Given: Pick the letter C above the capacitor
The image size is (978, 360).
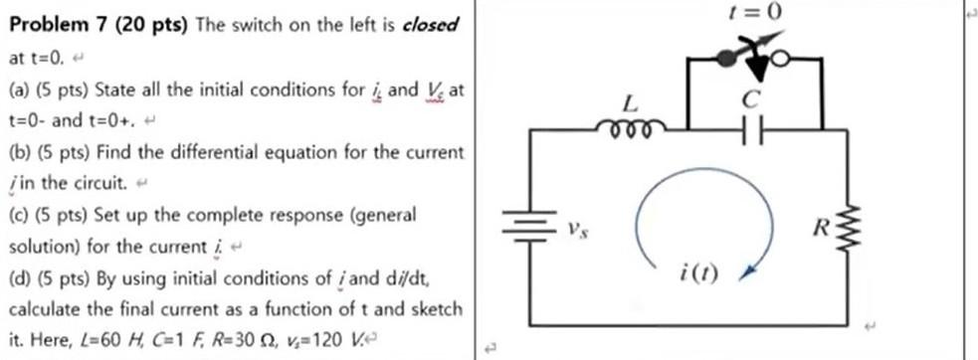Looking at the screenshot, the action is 752,98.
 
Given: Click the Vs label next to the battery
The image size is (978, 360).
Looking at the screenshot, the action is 574,232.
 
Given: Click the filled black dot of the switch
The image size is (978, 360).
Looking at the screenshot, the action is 728,60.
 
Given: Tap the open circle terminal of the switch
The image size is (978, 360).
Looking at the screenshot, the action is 782,61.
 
